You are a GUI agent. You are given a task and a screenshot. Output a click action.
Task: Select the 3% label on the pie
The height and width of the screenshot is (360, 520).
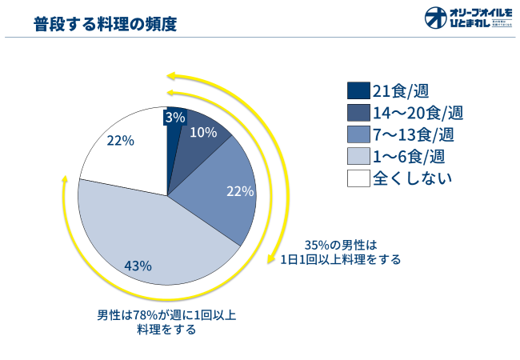tap(174, 117)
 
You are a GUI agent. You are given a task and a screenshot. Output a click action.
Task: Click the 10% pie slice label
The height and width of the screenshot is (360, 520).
tap(203, 132)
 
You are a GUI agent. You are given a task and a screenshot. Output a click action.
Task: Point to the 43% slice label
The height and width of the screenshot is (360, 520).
tap(138, 266)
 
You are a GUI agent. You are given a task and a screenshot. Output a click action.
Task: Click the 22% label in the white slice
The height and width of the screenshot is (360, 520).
tap(120, 140)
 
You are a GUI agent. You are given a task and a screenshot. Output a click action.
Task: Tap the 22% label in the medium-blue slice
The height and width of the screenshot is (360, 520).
tap(240, 191)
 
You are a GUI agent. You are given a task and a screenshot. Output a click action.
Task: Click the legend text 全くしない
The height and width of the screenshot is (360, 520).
tap(412, 178)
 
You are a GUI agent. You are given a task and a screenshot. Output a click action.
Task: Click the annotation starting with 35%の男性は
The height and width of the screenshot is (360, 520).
tap(340, 252)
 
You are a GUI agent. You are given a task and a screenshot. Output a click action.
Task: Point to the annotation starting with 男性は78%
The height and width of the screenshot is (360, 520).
tap(166, 322)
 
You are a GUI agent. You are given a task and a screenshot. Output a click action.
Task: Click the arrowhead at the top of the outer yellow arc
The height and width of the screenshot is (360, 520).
tap(170, 77)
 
